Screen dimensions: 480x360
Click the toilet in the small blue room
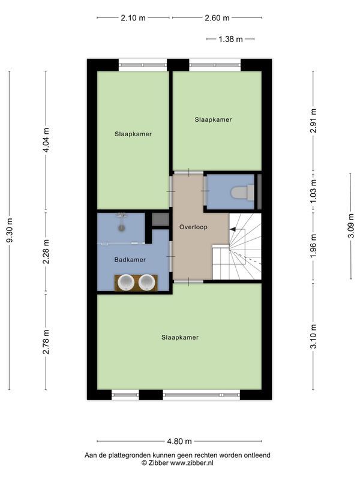point(239,193)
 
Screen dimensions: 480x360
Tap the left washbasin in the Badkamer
point(127,282)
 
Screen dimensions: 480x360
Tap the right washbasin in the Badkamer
point(147,282)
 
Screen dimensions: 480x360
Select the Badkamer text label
point(130,260)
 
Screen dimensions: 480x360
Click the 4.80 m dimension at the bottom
point(179,442)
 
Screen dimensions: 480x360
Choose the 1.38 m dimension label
point(230,39)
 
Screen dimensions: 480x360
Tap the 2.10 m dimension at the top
point(133,18)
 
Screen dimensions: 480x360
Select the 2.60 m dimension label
point(217,18)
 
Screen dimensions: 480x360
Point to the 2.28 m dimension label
point(46,253)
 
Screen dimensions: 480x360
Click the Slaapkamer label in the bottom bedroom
point(179,337)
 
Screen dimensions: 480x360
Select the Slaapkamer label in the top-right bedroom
point(213,119)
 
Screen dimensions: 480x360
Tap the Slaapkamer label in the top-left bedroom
point(133,134)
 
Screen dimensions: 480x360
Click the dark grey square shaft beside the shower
point(160,220)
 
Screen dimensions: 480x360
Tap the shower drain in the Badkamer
point(122,227)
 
